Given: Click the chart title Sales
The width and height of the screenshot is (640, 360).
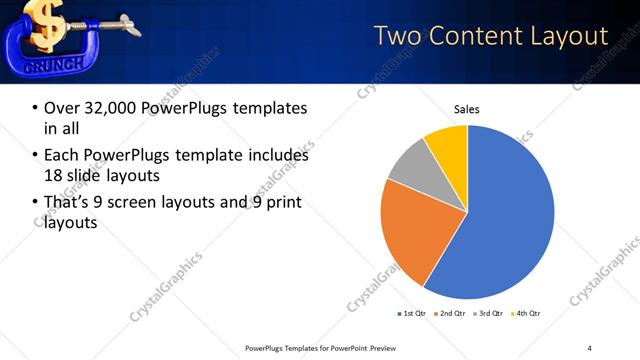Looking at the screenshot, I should (x=467, y=108).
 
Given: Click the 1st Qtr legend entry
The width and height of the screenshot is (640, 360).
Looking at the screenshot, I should (x=411, y=313).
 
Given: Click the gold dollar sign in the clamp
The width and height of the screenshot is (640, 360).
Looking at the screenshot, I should (x=46, y=22).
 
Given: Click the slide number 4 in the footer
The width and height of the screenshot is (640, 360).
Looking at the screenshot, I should (x=589, y=347).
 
